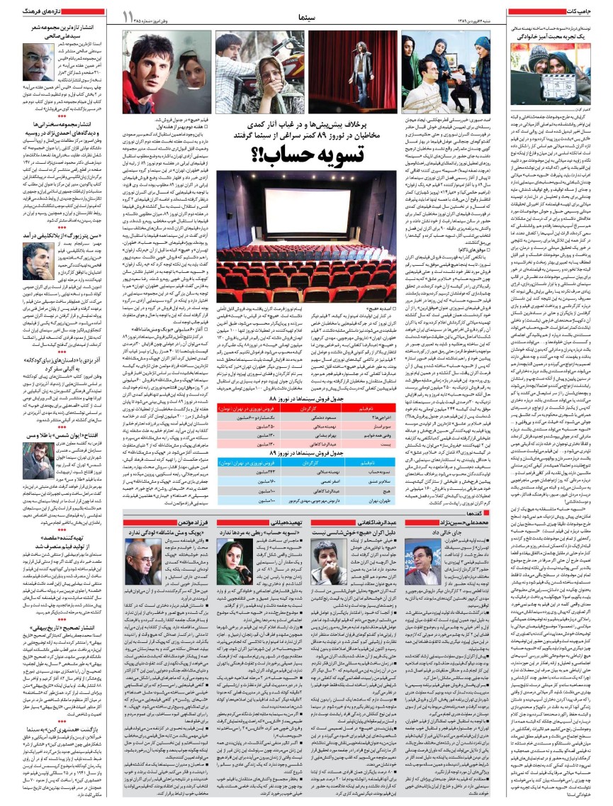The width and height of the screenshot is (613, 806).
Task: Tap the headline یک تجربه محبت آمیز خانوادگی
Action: [x=560, y=34]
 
